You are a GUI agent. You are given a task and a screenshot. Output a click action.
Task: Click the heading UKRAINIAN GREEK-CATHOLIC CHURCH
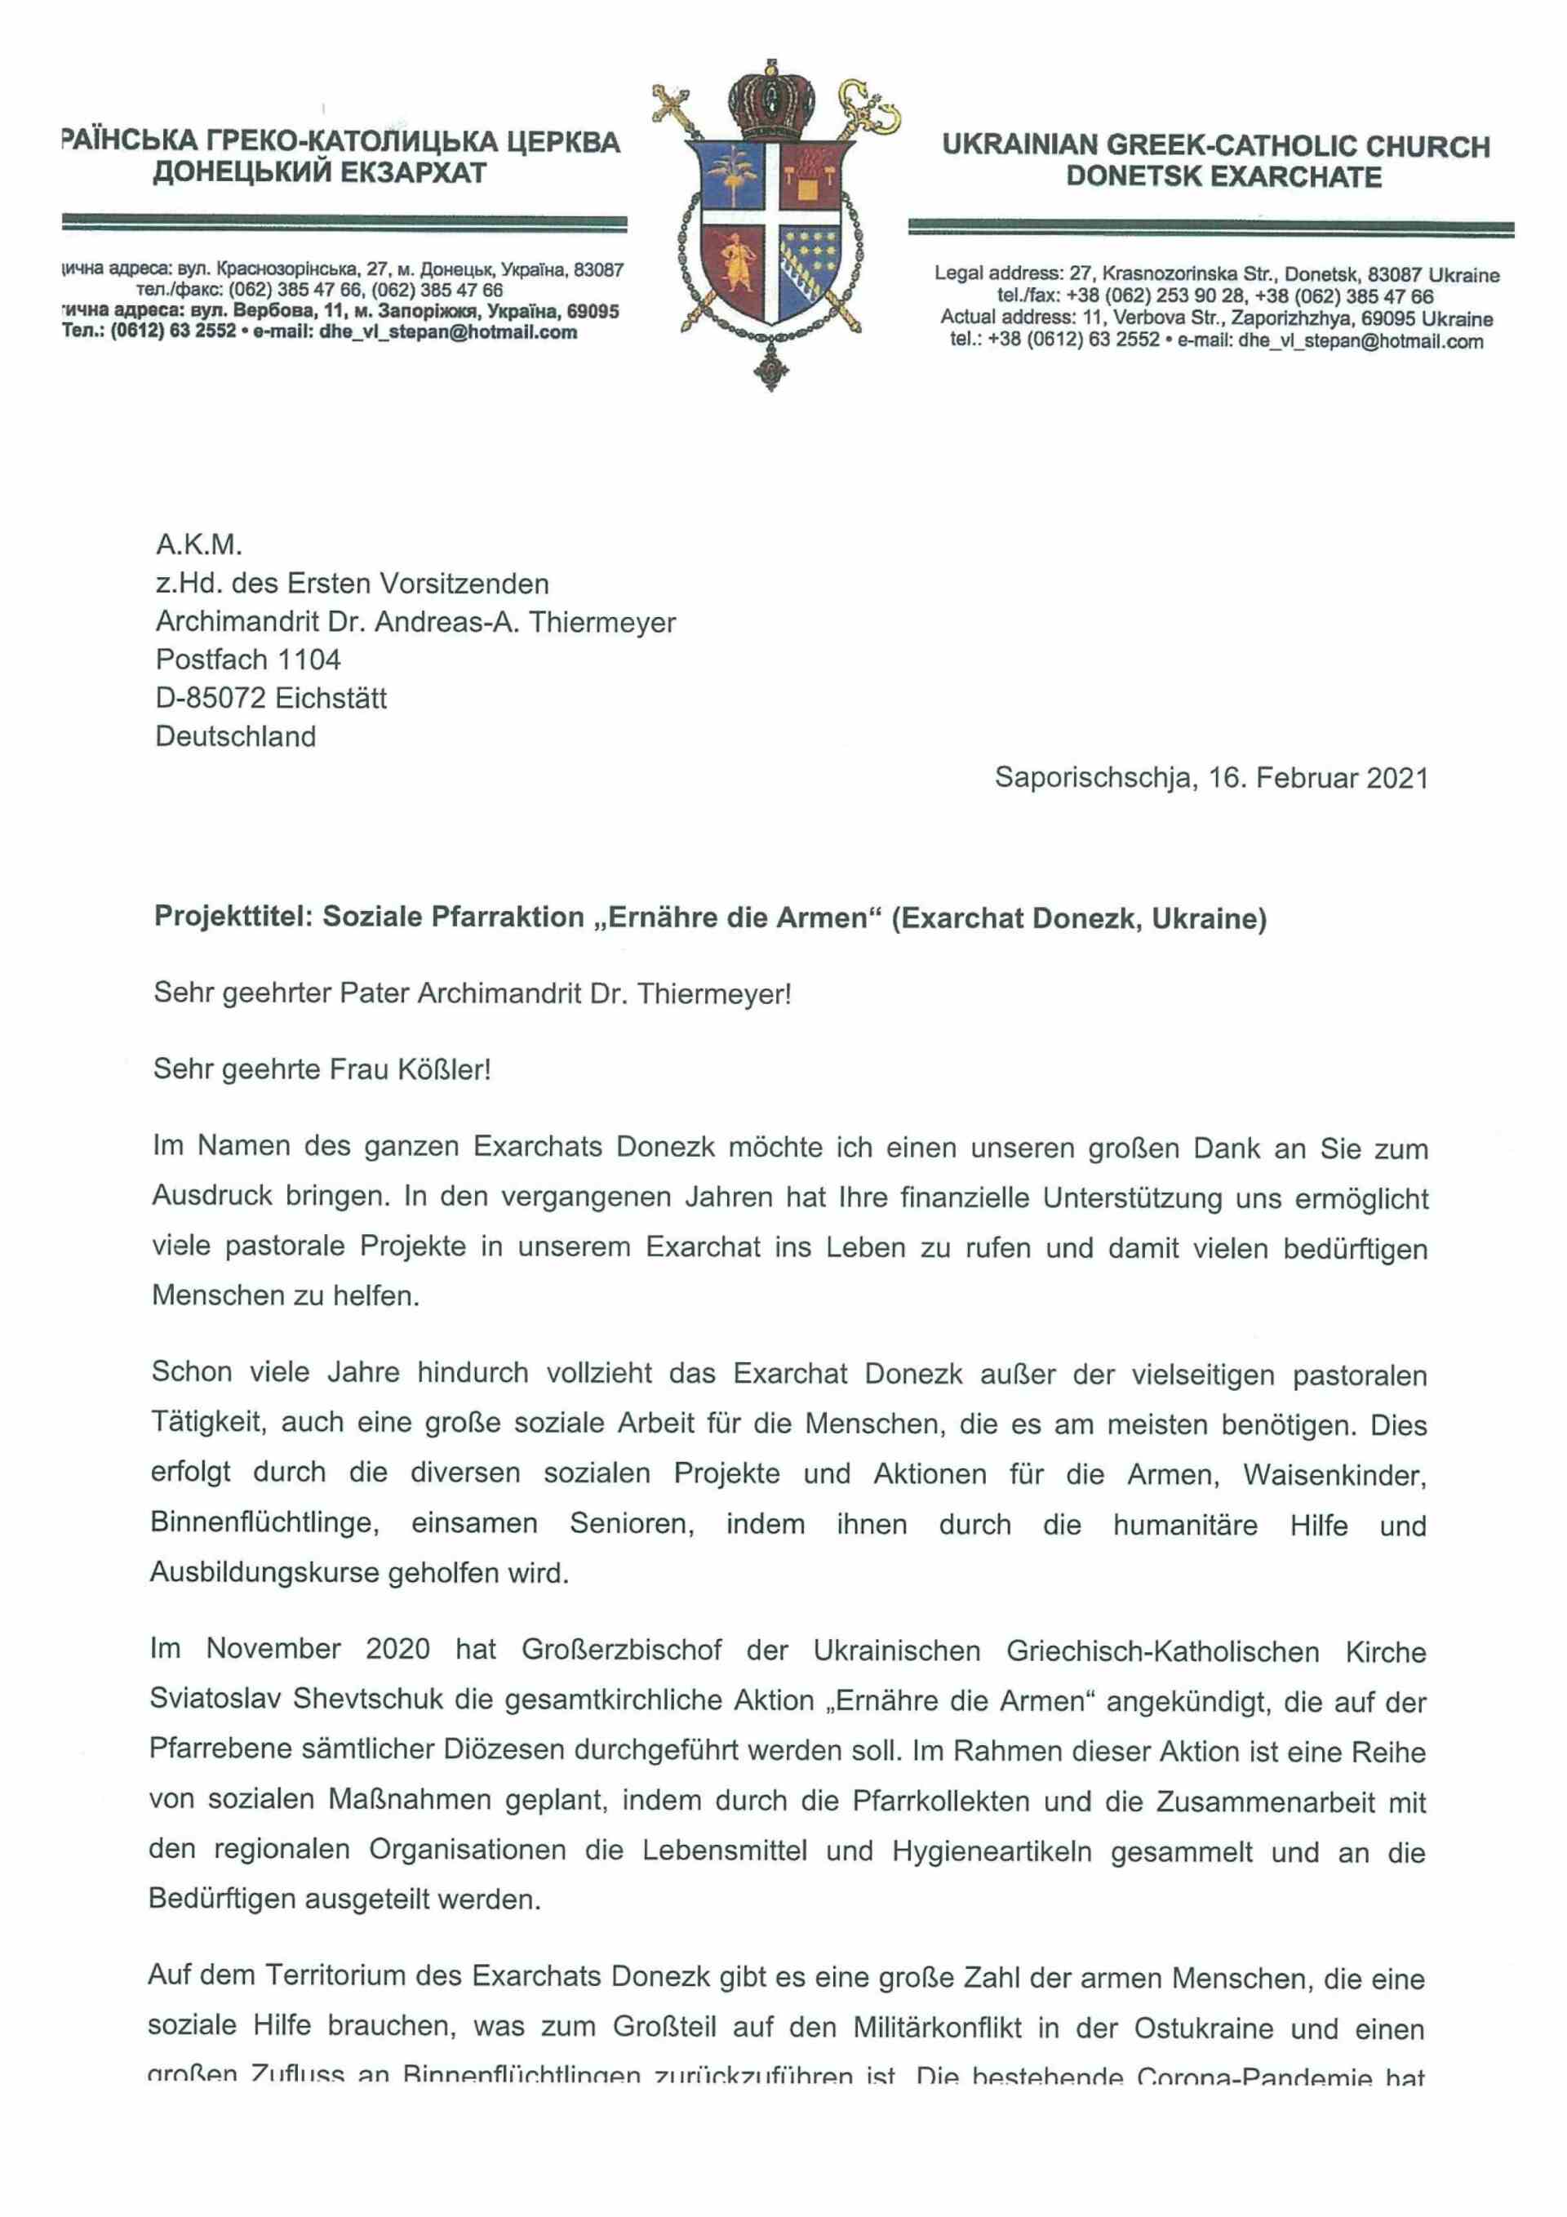1215,147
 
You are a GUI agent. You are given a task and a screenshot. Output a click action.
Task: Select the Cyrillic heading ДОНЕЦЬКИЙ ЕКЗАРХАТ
320,174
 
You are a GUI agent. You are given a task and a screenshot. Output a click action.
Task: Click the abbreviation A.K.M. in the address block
199,545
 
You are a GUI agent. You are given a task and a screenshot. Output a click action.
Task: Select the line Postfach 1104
248,660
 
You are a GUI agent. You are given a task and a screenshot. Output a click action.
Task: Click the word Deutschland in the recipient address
236,737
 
